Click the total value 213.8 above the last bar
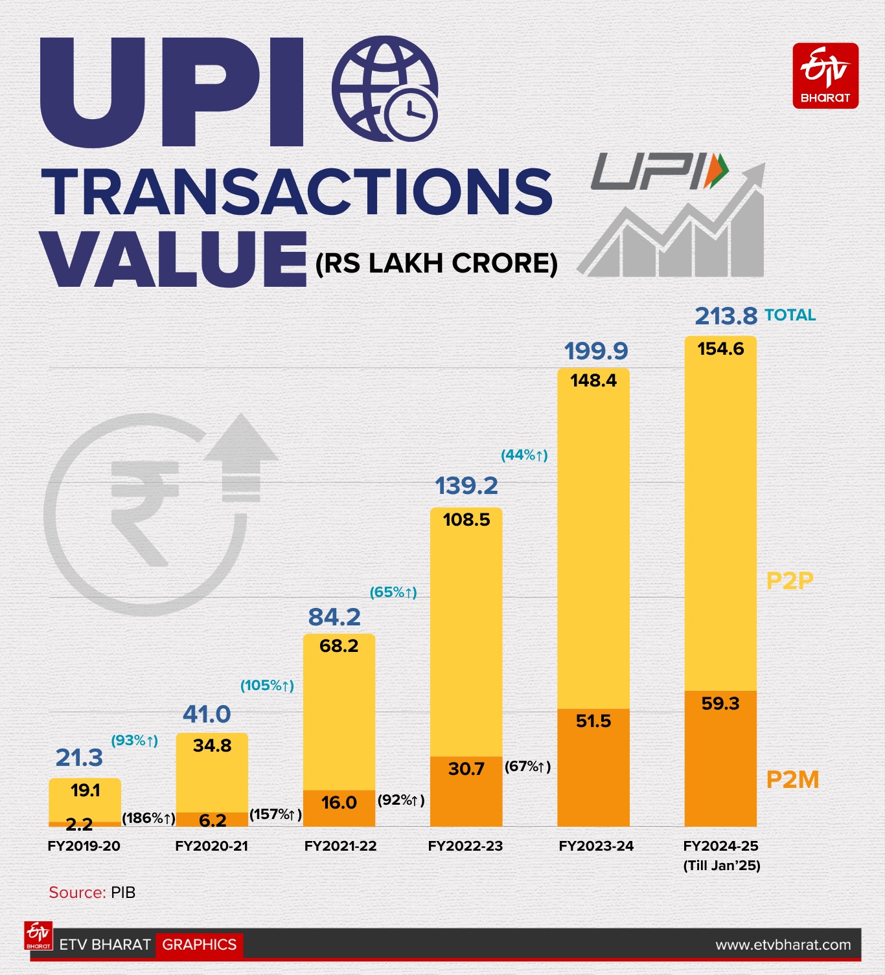[x=726, y=317]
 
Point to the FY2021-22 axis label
[x=340, y=846]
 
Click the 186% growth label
[x=148, y=818]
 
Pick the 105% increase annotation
[x=267, y=686]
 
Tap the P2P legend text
[x=789, y=581]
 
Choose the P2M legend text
[x=792, y=779]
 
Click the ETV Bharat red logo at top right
[x=825, y=76]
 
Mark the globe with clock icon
[x=385, y=89]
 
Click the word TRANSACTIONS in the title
[x=297, y=192]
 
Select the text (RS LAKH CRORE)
[x=436, y=263]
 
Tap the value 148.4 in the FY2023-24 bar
[x=593, y=381]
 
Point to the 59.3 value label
[x=720, y=704]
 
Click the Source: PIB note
[x=92, y=893]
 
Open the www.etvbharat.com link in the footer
[x=783, y=945]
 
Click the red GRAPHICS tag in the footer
[x=199, y=945]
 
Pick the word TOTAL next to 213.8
[x=790, y=315]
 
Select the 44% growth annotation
[x=524, y=455]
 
